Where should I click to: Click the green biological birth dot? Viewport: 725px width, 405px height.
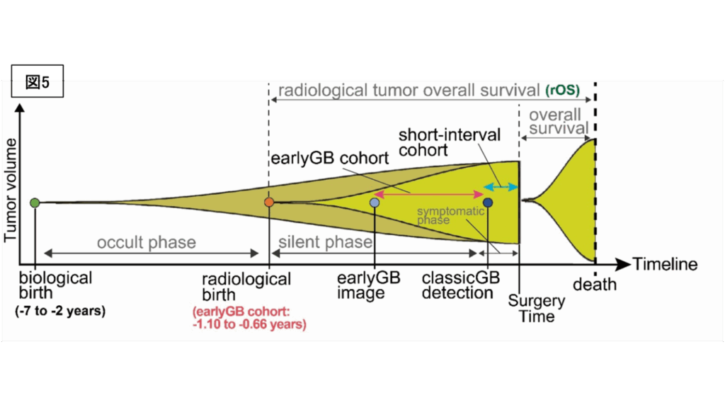(x=34, y=203)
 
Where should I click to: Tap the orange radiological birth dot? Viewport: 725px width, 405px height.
(x=269, y=202)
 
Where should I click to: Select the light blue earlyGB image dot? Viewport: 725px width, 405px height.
(x=375, y=203)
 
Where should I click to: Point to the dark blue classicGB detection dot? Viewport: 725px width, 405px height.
(x=488, y=203)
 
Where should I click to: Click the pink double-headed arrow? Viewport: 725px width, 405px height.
(x=428, y=193)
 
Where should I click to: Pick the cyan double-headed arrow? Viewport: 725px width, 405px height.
(x=501, y=187)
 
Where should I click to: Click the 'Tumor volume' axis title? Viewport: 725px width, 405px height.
(x=11, y=190)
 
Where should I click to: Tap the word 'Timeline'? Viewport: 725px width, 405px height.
(x=665, y=265)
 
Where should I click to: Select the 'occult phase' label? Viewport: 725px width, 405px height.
(x=147, y=243)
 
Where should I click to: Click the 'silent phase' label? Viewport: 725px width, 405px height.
(x=325, y=243)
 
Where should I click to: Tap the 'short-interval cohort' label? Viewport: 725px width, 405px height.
(x=449, y=142)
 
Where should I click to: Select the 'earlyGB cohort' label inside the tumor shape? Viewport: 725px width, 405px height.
(x=324, y=157)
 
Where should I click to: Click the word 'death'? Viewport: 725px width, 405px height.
(x=594, y=285)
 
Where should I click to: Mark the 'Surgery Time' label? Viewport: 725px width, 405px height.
(x=537, y=308)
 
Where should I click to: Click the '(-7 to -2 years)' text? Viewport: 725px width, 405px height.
(x=60, y=311)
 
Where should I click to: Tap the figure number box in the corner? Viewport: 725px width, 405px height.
(x=38, y=81)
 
